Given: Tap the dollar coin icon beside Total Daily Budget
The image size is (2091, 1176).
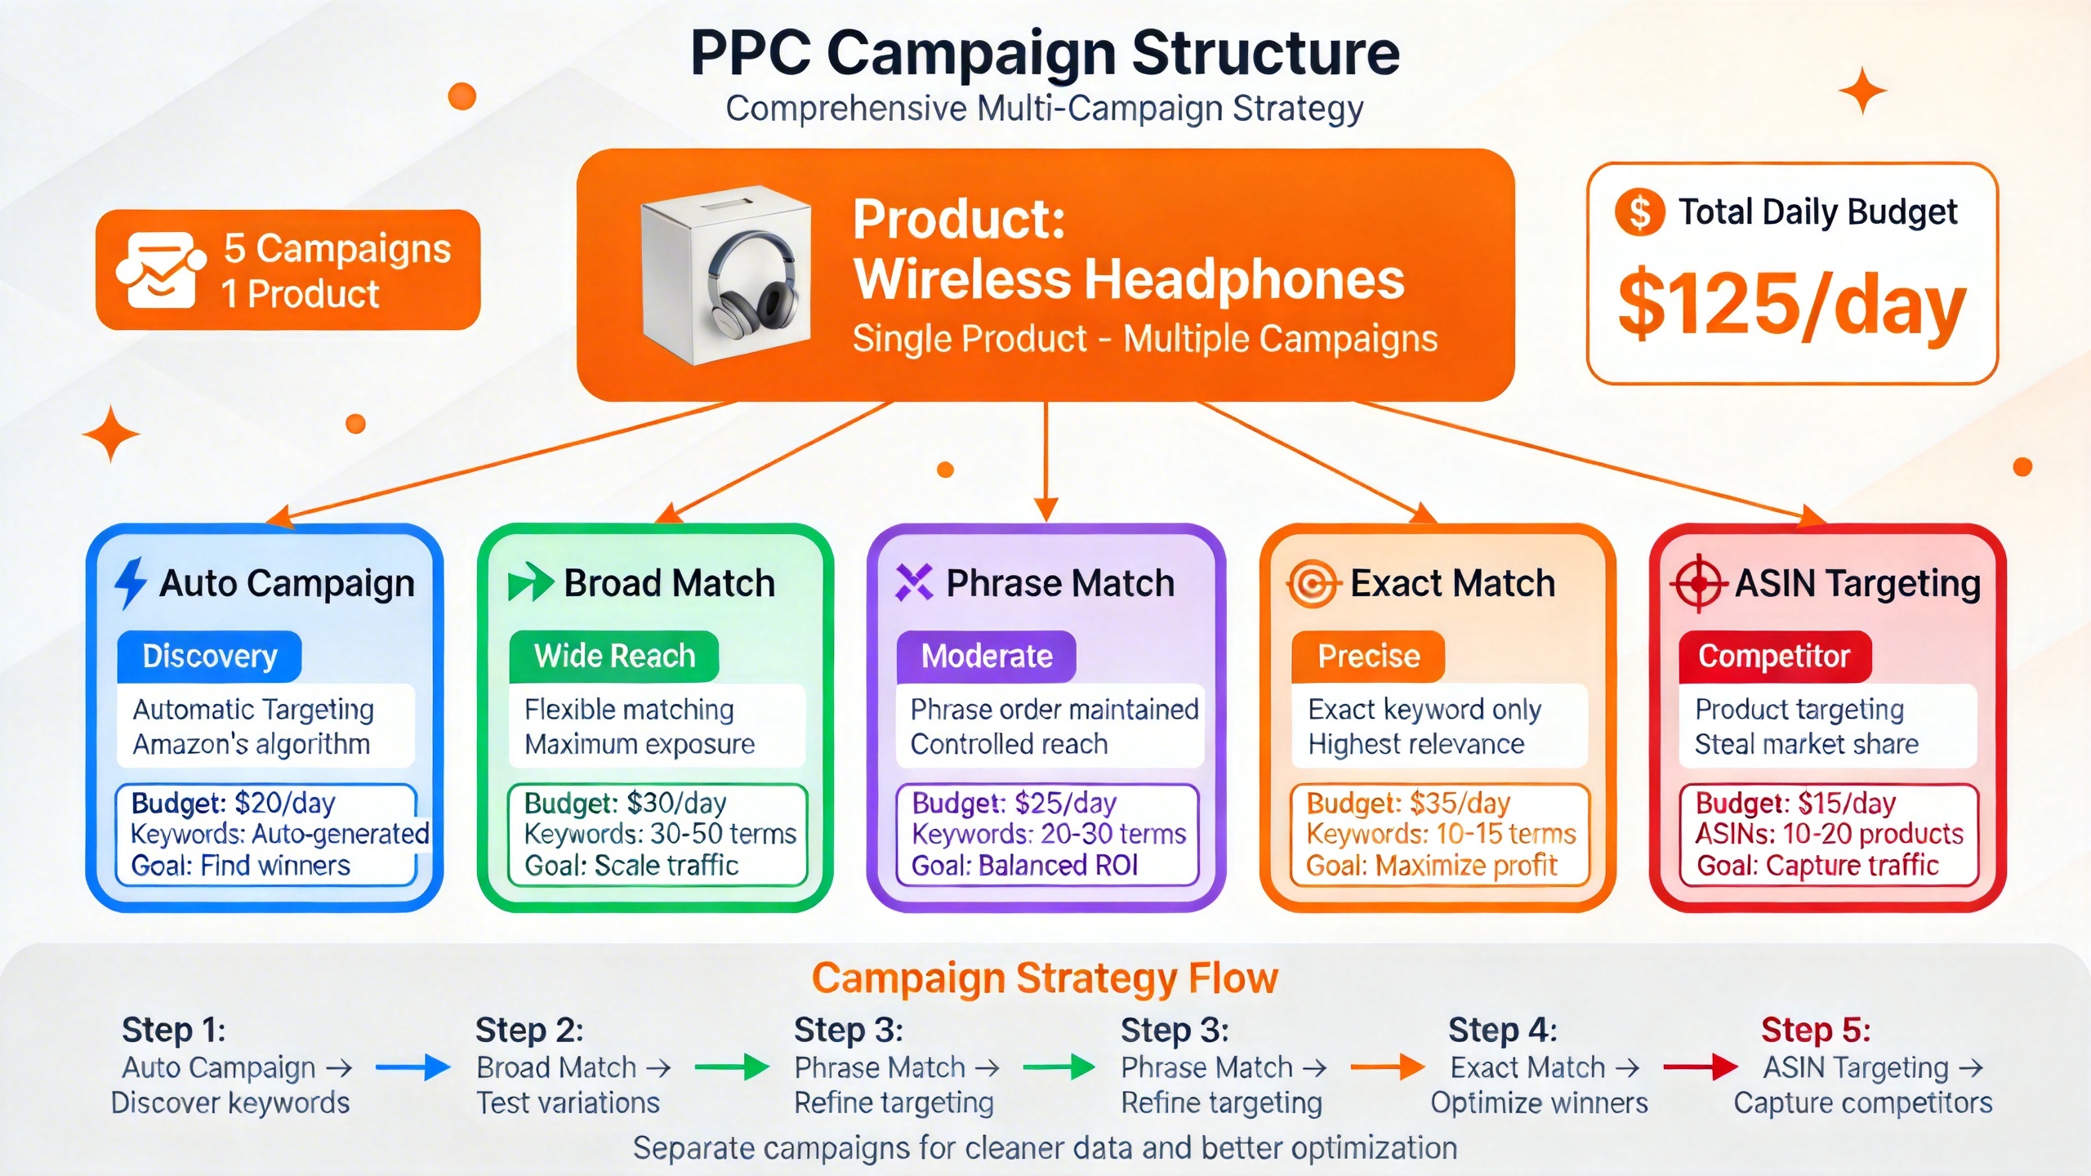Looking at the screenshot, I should tap(1639, 212).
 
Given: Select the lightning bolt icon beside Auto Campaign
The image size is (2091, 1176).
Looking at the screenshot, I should tap(130, 583).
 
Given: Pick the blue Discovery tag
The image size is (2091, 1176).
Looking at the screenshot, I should tap(209, 657).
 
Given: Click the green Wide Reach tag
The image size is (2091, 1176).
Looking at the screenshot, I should tap(613, 657).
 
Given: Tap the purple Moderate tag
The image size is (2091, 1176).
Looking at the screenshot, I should tap(986, 657).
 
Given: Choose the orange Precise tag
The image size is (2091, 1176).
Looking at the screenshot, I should tap(1368, 657).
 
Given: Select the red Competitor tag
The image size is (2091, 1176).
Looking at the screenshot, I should tap(1774, 657).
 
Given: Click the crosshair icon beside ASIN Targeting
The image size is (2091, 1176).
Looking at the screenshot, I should tap(1699, 584).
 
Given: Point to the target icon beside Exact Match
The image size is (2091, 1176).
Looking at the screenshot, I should tap(1313, 584).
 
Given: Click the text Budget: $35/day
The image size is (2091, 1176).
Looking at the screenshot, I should tap(1408, 804).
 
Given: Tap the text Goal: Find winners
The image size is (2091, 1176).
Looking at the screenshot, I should tap(240, 866).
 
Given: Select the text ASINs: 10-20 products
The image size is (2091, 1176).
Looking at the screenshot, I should tap(1829, 834).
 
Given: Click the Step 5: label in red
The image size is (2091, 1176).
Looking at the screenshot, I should tap(1815, 1030).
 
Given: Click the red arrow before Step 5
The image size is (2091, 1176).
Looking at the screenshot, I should tap(1700, 1067).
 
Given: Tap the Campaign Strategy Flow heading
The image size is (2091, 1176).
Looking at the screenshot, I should tap(1045, 978).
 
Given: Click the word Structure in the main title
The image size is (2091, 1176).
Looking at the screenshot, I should tap(1265, 54).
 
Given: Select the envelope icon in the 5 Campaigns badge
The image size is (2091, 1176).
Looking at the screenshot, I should tap(159, 269).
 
